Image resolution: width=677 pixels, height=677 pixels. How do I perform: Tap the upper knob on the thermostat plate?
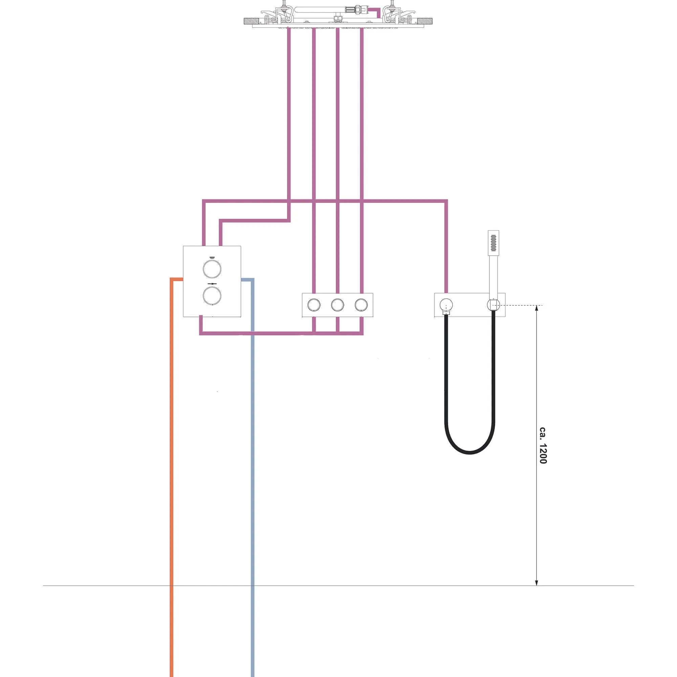pos(212,269)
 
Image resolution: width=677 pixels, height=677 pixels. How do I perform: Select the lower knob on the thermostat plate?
pos(212,295)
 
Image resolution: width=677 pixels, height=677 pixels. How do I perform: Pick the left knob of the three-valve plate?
pos(314,305)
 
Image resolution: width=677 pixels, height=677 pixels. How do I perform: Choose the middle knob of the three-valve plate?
pos(337,305)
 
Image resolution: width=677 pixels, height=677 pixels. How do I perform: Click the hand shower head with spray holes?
pos(494,242)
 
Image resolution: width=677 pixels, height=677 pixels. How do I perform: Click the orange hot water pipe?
pos(171,456)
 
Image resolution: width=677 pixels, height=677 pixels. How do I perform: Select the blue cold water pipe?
pos(252,456)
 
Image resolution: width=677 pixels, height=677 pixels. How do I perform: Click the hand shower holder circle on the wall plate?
pos(493,305)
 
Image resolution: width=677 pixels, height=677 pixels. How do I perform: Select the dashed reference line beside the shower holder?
pos(522,306)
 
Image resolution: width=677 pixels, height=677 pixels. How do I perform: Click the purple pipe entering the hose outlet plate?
pos(446,252)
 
